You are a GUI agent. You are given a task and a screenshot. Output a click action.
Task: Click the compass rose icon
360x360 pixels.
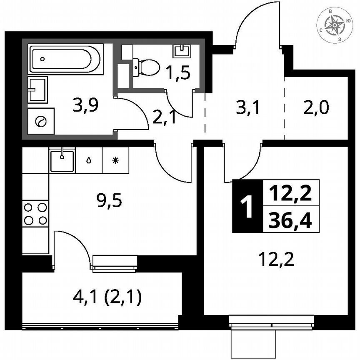tap(335, 25)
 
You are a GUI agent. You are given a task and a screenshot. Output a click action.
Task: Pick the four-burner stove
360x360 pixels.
tap(35, 213)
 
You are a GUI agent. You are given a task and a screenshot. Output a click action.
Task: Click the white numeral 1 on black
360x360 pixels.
tap(247, 206)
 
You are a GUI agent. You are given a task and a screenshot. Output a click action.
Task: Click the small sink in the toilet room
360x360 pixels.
tap(181, 50)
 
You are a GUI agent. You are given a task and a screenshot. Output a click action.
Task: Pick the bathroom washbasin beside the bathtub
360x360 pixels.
tap(37, 89)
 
